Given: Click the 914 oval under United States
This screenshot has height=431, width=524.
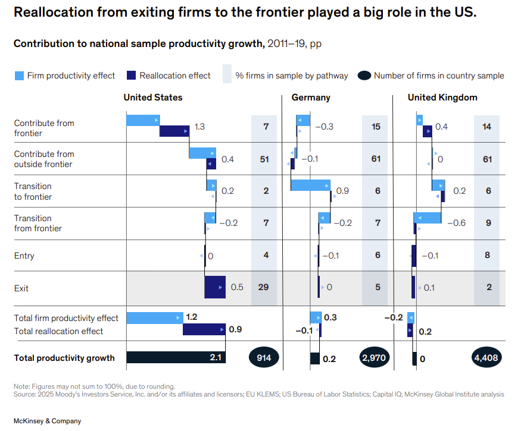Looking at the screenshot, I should [x=264, y=358].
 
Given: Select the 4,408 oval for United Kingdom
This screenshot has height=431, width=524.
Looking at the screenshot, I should [x=487, y=358].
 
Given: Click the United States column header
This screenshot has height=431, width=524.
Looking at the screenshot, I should [x=153, y=97].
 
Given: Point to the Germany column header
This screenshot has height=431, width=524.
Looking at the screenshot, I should [x=311, y=97].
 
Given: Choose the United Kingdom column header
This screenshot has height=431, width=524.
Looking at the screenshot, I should [x=442, y=97].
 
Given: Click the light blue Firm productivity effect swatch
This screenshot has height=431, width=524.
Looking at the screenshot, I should [x=19, y=75].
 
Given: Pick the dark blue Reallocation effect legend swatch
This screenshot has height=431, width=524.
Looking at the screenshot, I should [x=132, y=75].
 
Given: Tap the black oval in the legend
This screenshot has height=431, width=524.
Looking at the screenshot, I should [x=364, y=75].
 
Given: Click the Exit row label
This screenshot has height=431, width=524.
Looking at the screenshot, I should [x=21, y=288].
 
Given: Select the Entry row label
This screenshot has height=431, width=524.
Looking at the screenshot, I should [x=24, y=256].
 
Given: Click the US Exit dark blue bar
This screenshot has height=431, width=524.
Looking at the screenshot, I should [x=215, y=287].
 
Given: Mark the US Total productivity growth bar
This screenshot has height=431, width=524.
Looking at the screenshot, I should [x=176, y=357].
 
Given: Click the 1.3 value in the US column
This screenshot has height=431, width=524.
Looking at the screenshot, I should [x=200, y=127].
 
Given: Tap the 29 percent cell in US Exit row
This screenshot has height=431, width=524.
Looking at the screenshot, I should [x=264, y=287].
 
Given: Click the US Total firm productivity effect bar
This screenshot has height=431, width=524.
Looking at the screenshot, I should [x=155, y=317].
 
